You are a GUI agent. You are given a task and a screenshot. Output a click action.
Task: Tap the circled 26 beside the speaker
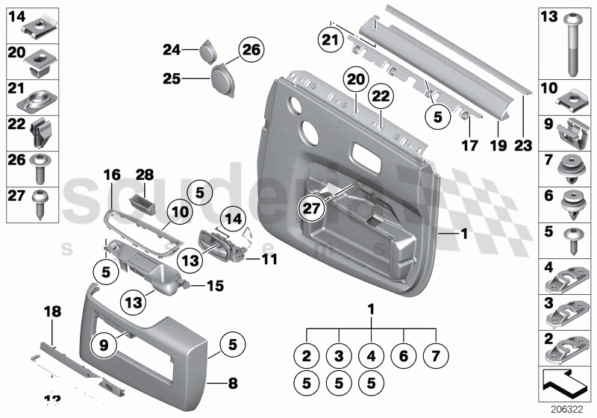point(251,50)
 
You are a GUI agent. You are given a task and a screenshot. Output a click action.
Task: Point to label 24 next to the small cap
point(172,50)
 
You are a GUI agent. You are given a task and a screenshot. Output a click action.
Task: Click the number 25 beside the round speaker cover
point(172,77)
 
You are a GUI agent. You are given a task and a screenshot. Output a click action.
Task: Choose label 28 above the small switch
point(143,173)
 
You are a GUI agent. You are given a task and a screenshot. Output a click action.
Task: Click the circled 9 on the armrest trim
point(104,345)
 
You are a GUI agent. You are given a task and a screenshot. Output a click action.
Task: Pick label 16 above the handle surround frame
point(111,175)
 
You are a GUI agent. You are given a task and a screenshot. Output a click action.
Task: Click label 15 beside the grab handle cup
point(215,285)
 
